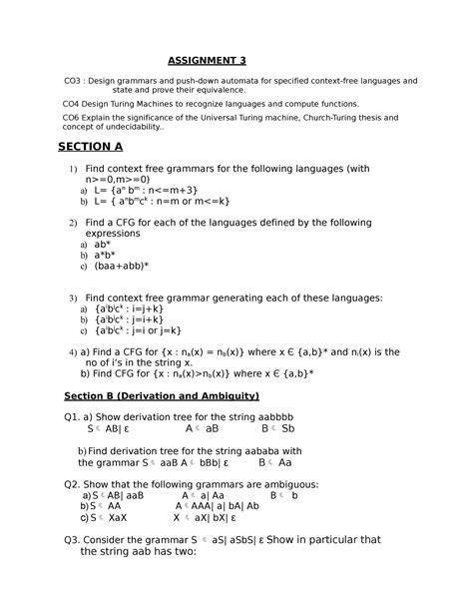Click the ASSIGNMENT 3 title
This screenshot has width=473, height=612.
coord(206,60)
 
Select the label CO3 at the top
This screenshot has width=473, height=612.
coord(72,80)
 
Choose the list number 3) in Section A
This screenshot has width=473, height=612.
coord(72,298)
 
